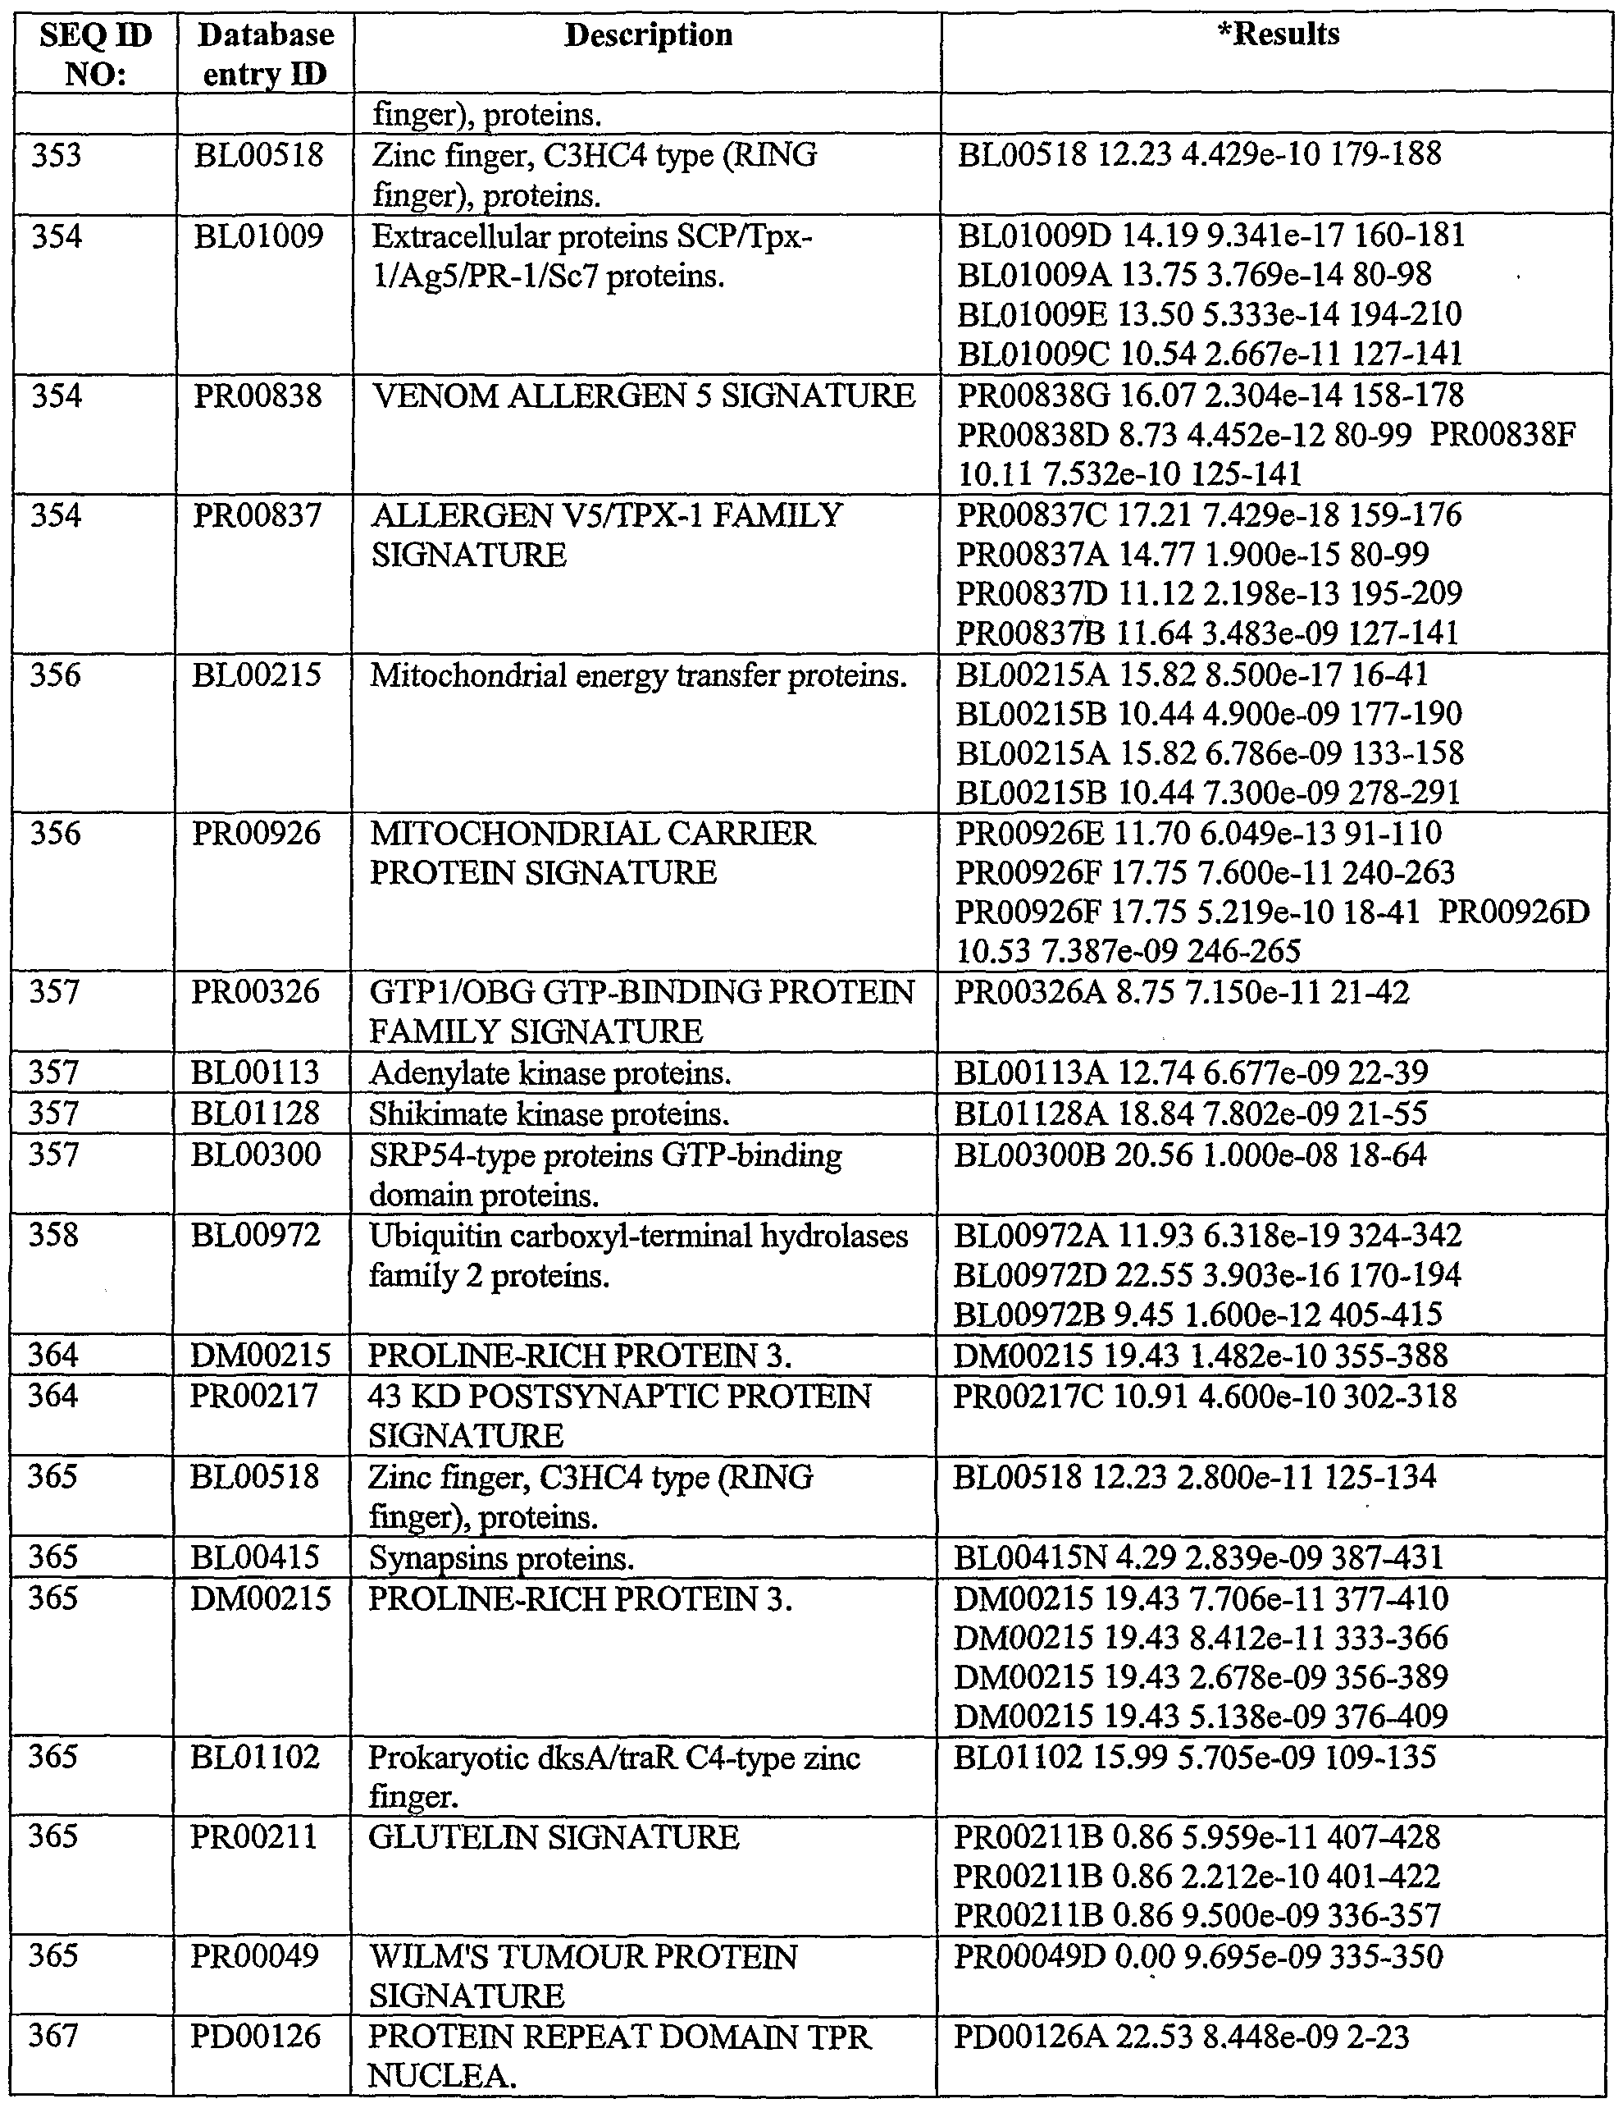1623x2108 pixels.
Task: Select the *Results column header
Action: [x=1278, y=34]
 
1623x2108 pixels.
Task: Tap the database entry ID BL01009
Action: [x=258, y=236]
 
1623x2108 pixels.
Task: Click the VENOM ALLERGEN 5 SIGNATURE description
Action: [x=644, y=396]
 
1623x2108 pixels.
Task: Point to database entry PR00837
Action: [x=257, y=515]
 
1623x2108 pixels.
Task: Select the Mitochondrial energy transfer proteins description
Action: [x=638, y=675]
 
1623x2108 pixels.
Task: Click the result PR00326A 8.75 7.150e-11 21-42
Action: [x=1181, y=992]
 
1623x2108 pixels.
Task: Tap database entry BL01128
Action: [x=255, y=1113]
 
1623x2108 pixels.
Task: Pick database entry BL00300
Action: [x=256, y=1155]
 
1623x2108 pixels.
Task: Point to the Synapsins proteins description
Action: [x=501, y=1558]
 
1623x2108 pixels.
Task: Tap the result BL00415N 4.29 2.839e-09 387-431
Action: [x=1198, y=1558]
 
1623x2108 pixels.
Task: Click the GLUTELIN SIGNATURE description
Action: [x=554, y=1836]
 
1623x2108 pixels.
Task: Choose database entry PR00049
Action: [x=253, y=1956]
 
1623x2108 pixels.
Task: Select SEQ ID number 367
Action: [x=53, y=2037]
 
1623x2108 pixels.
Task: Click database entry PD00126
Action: [x=255, y=2037]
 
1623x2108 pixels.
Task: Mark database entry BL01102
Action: [x=255, y=1757]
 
